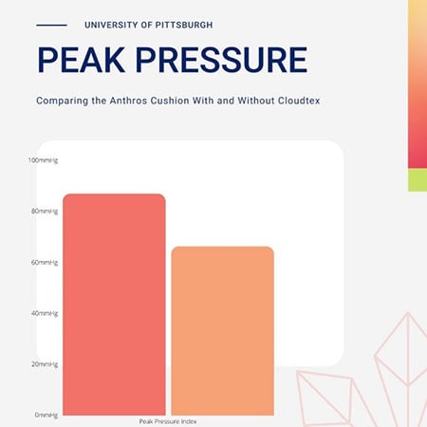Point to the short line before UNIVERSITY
pos(51,24)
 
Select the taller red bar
pos(114,304)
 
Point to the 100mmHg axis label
pos(45,159)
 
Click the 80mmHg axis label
pos(46,211)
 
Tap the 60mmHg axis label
pos(46,262)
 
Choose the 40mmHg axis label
pos(46,313)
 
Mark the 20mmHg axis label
pos(46,364)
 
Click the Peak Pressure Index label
pos(168,420)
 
